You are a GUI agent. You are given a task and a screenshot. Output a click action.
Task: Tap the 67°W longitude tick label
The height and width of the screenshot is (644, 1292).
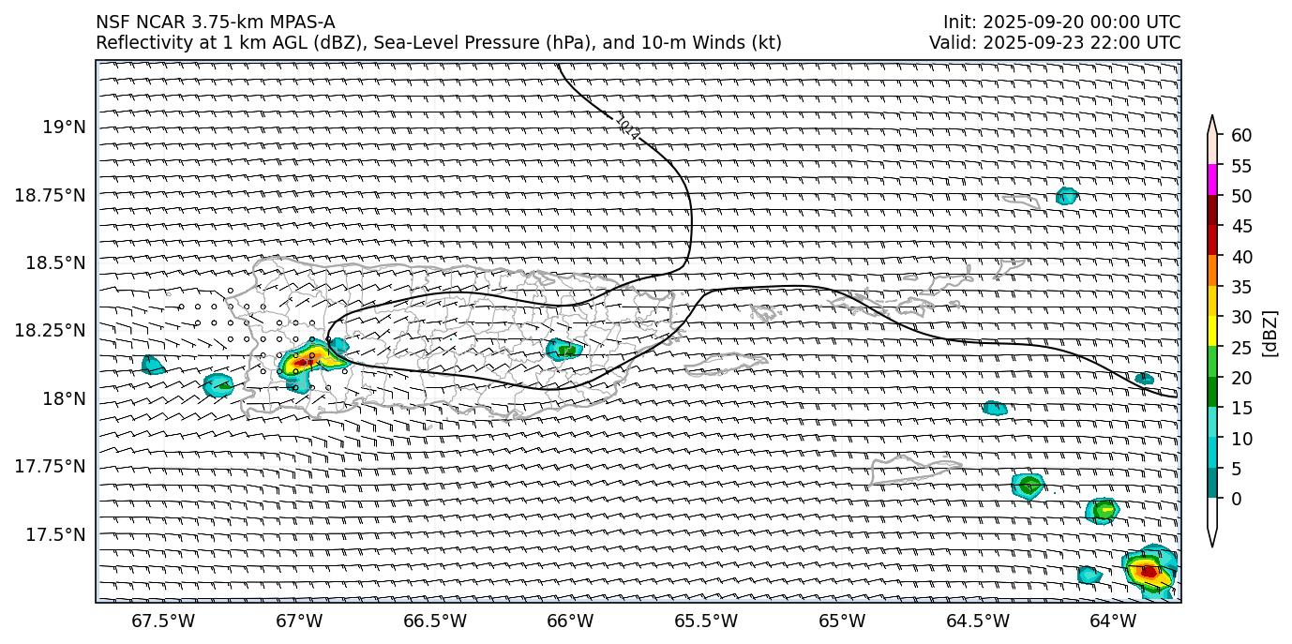(299, 621)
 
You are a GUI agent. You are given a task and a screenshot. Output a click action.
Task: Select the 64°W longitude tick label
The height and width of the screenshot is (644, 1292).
(1113, 621)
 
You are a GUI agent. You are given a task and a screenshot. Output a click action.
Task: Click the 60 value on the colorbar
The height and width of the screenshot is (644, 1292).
(1241, 136)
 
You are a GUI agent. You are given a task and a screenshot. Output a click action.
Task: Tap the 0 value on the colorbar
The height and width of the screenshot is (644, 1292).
(1236, 499)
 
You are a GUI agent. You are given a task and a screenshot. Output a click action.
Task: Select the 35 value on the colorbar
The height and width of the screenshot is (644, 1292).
(1241, 287)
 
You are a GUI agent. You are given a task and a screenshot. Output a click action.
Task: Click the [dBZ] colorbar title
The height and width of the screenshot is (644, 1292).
(1270, 333)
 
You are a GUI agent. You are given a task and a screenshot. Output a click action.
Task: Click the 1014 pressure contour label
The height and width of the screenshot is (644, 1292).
(628, 128)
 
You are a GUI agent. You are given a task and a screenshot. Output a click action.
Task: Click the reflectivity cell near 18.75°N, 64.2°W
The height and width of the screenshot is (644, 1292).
(1066, 196)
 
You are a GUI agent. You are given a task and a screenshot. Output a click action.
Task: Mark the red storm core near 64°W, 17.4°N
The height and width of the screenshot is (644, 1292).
(1149, 570)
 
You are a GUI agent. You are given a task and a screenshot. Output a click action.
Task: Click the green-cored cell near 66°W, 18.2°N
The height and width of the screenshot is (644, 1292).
(564, 350)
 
